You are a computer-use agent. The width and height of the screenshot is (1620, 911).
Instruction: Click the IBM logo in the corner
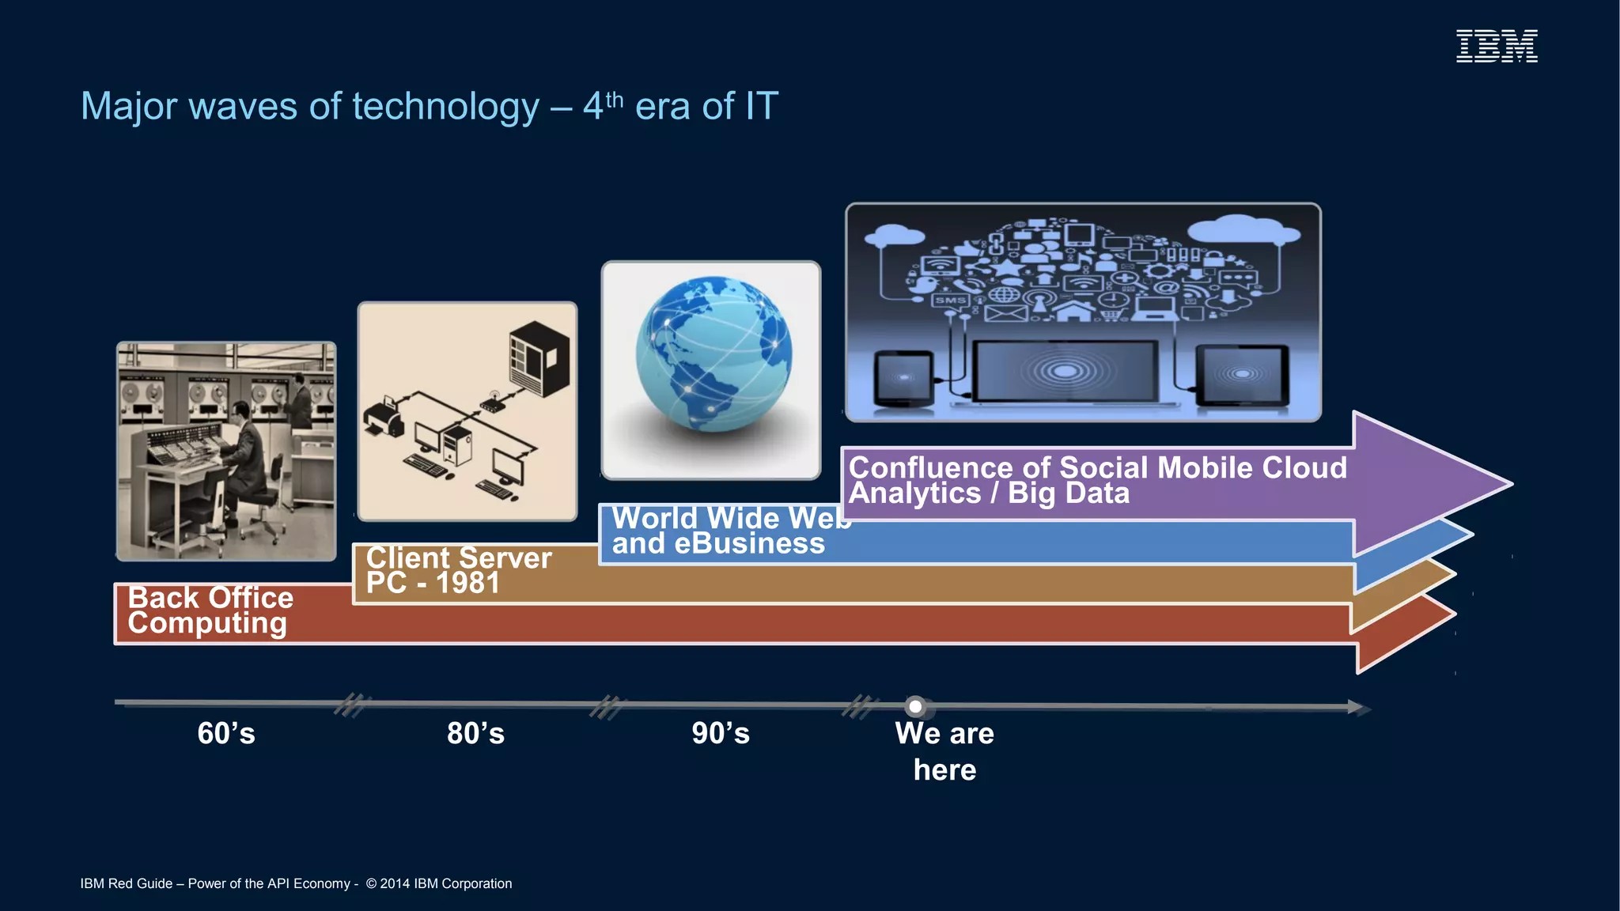point(1497,46)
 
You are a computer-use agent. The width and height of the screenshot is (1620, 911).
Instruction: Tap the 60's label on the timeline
point(226,733)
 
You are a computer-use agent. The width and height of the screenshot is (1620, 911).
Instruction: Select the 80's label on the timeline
point(475,733)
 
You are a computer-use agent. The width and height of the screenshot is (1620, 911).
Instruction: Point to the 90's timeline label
point(721,733)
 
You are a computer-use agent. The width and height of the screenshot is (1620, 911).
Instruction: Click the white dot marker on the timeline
point(915,706)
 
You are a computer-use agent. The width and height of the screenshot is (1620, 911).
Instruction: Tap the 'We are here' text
point(944,751)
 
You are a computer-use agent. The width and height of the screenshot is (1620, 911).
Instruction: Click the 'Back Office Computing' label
point(210,610)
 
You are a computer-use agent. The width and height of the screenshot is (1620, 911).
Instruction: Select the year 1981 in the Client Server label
point(467,584)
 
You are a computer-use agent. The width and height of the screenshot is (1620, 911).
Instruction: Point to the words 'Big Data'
point(1068,493)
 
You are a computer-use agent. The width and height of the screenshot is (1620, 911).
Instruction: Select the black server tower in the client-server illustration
point(540,357)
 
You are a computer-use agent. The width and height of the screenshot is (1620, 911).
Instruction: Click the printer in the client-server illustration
point(384,417)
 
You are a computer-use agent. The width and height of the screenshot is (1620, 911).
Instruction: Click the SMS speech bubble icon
point(950,301)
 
